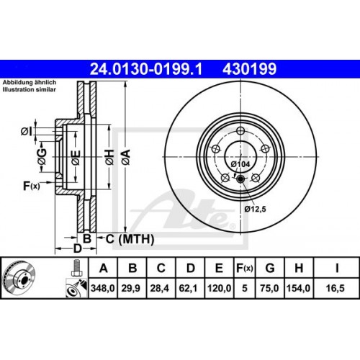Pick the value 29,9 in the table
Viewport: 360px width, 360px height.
pos(134,287)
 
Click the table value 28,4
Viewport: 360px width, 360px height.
pos(162,287)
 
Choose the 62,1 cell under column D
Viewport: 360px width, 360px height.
pos(190,287)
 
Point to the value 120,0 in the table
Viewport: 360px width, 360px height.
pos(219,287)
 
